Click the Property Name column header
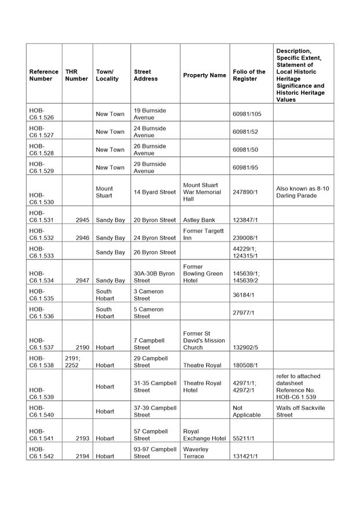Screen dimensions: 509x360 (x=204, y=75)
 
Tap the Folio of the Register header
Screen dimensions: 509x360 (x=249, y=75)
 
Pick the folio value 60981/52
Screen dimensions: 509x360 (x=245, y=131)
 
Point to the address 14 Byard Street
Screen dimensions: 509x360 (x=155, y=192)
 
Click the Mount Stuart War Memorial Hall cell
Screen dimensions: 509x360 (x=201, y=192)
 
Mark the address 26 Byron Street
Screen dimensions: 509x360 (x=155, y=252)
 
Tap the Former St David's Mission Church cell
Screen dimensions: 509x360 (x=204, y=340)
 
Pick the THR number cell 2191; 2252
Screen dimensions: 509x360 (x=72, y=362)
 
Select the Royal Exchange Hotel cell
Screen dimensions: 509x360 (x=204, y=435)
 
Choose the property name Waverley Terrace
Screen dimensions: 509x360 (x=194, y=452)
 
